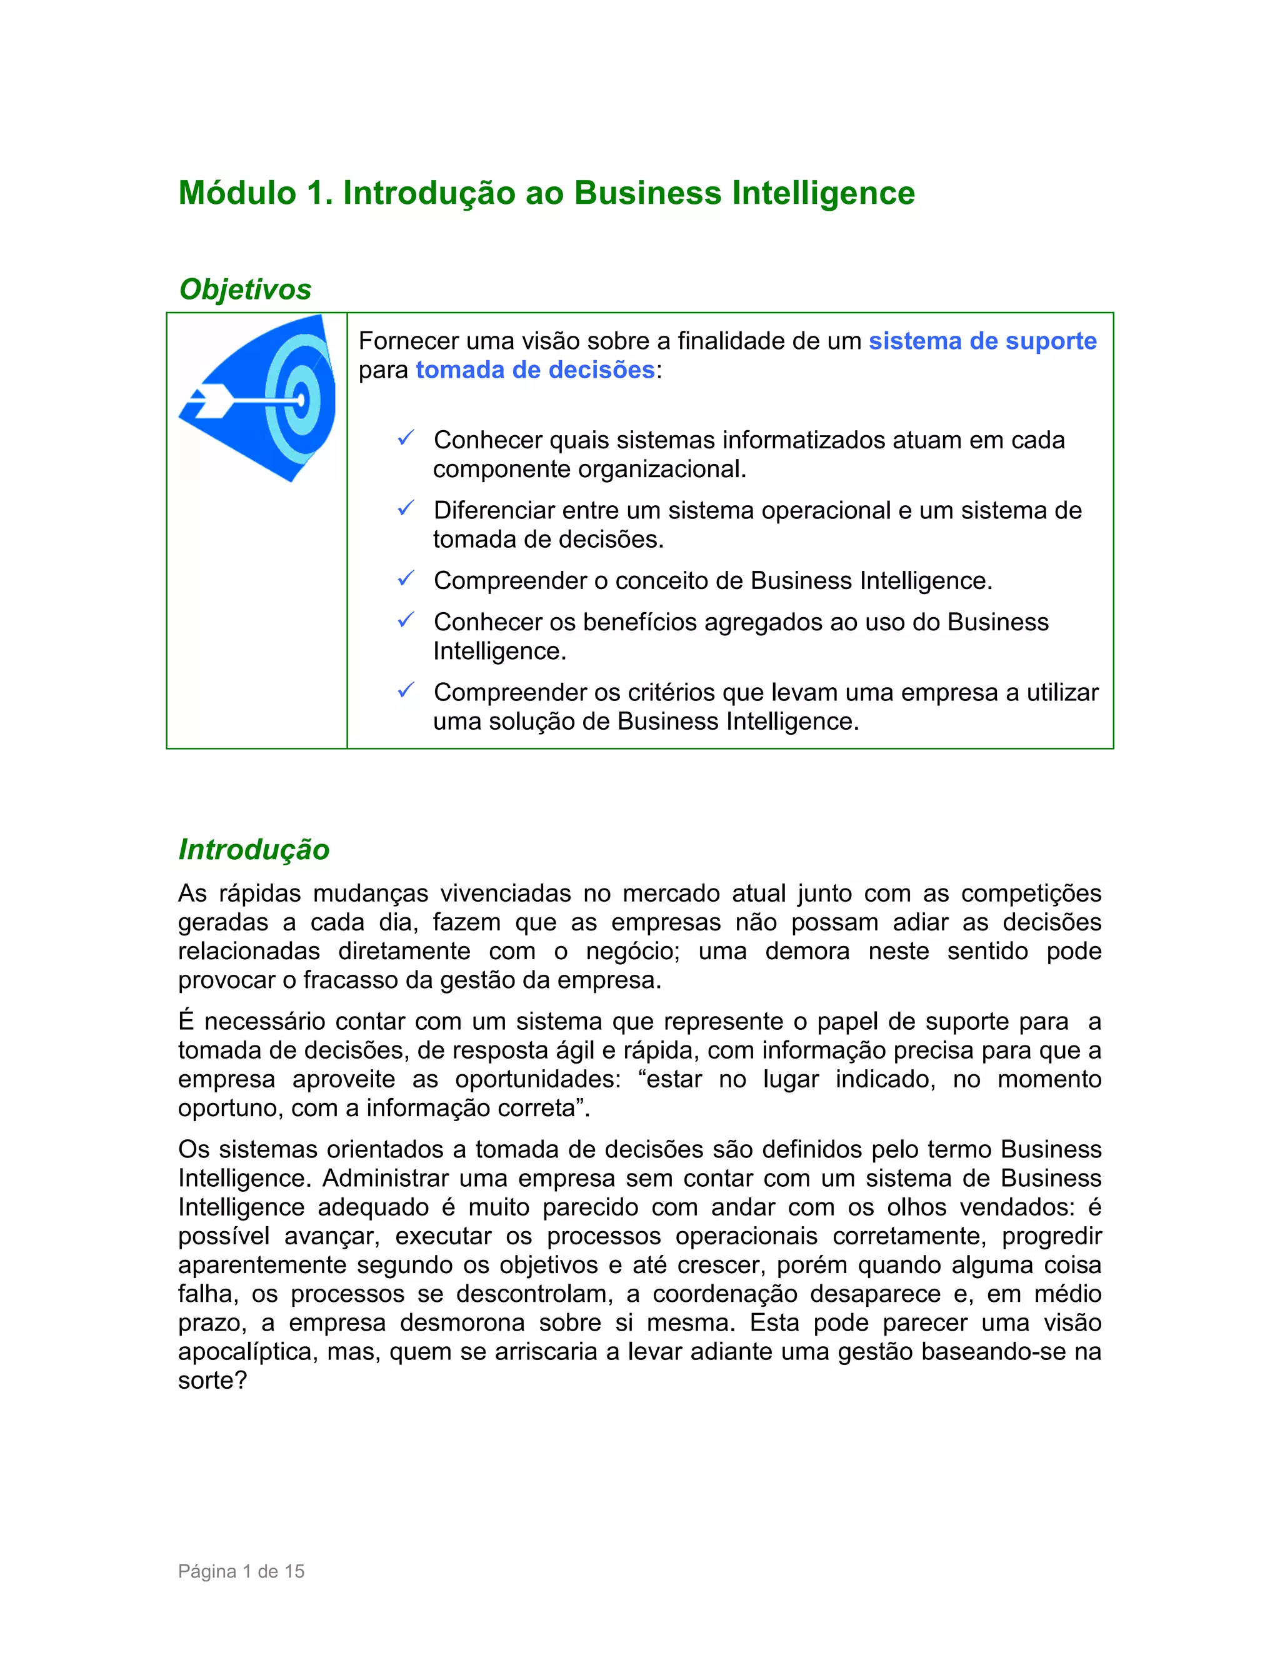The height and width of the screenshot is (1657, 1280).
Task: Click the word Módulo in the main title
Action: (x=237, y=193)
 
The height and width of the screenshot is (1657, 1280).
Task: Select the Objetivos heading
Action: (x=245, y=289)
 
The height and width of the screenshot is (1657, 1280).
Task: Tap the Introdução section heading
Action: (x=254, y=850)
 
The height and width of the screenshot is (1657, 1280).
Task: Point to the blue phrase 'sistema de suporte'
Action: (x=982, y=341)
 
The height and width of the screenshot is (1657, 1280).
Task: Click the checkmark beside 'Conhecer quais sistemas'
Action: (x=406, y=438)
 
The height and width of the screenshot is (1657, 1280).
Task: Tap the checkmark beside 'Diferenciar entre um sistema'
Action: (x=406, y=509)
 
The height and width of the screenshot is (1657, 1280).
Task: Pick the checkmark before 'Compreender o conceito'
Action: (x=406, y=580)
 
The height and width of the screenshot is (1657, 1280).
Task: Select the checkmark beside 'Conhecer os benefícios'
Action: (x=406, y=621)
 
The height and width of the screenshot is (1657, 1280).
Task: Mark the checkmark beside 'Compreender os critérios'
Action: (x=406, y=691)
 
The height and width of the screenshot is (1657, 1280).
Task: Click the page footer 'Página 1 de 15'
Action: (x=241, y=1571)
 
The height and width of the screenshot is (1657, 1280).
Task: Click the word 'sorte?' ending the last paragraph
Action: (x=212, y=1381)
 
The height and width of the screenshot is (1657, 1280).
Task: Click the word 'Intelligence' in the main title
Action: (x=824, y=193)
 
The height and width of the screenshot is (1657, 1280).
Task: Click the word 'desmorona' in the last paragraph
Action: (x=462, y=1323)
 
